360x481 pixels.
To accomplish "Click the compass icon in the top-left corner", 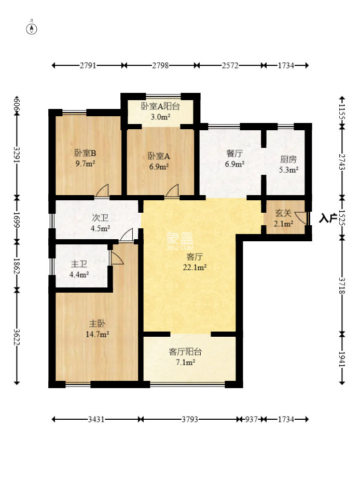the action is (32, 29).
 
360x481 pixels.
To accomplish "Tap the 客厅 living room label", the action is (195, 256).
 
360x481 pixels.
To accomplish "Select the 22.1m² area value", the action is (195, 268).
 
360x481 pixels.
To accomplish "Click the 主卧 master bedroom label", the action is (98, 324).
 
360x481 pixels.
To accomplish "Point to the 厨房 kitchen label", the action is (288, 159).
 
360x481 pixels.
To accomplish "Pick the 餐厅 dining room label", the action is (234, 154).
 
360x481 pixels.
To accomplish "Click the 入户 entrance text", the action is (328, 218).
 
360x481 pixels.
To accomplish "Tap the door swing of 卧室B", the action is (103, 190).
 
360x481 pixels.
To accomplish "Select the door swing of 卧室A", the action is (173, 190).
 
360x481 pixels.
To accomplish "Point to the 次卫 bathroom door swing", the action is (127, 235).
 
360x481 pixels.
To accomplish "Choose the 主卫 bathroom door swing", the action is (117, 258).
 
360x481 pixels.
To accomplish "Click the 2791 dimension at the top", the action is (88, 65).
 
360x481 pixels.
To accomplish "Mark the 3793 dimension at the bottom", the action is (190, 419).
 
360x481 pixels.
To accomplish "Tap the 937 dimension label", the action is (251, 419).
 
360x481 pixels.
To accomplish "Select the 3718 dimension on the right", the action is (342, 285).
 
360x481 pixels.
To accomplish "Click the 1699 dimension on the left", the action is (17, 219).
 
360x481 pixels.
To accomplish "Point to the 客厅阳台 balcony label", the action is (186, 352).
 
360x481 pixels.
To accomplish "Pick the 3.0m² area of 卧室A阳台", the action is (160, 117).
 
